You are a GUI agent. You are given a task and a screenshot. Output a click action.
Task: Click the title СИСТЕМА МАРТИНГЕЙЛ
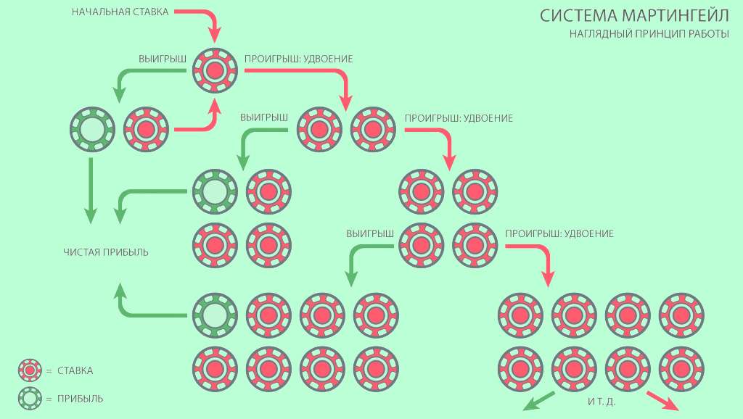tap(634, 16)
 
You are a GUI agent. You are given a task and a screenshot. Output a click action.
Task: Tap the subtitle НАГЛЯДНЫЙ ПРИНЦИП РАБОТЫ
tap(649, 33)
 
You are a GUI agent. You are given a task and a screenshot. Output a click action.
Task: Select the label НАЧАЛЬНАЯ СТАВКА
tap(120, 12)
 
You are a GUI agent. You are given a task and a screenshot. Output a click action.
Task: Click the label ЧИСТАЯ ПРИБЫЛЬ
tap(106, 252)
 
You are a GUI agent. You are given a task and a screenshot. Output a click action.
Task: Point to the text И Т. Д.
tap(602, 402)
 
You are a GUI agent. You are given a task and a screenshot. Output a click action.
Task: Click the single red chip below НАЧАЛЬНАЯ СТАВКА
tap(215, 70)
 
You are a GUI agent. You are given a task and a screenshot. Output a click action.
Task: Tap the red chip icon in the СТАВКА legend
tap(30, 370)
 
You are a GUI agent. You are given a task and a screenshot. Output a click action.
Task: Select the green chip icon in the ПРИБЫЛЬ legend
tap(30, 399)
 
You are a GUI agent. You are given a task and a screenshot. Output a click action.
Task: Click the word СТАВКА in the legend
tap(75, 370)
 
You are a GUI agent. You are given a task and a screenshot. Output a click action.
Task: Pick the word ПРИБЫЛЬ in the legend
tap(80, 399)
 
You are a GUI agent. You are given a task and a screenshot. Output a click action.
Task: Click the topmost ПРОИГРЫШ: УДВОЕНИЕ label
tap(298, 59)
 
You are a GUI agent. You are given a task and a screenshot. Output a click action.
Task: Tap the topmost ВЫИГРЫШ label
tap(163, 59)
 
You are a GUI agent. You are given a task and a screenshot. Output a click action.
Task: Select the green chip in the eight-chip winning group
tap(215, 315)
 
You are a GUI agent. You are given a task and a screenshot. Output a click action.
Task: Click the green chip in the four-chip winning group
tap(215, 192)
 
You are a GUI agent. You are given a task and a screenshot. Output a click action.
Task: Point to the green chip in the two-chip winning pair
tap(92, 129)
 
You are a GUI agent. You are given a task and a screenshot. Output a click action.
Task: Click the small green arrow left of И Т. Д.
tap(539, 401)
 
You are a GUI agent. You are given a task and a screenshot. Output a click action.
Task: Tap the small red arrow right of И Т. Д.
tap(663, 401)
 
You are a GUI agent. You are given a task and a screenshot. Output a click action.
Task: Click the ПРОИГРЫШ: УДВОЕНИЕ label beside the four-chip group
tap(559, 233)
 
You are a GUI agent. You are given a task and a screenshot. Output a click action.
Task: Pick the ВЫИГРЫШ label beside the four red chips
tap(369, 233)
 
